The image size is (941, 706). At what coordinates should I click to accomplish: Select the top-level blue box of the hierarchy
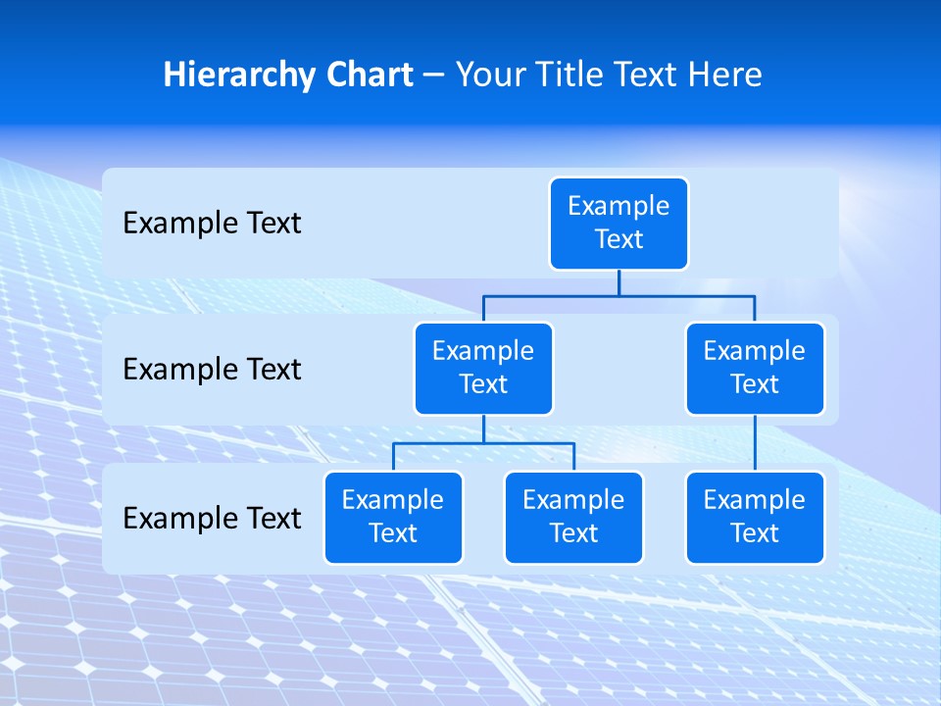click(619, 223)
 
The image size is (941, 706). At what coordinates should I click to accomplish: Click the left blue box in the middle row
click(483, 368)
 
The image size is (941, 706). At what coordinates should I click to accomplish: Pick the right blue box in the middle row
click(755, 368)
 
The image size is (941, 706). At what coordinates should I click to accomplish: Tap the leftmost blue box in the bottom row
click(393, 517)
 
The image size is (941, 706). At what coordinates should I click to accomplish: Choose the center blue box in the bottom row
click(573, 517)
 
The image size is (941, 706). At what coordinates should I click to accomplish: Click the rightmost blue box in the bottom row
click(755, 517)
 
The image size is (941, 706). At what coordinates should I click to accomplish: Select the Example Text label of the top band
click(212, 223)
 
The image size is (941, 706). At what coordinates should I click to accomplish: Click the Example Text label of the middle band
click(212, 369)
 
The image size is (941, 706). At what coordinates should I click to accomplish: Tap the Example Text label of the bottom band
click(212, 518)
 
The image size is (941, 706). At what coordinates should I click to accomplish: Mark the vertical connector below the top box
click(619, 282)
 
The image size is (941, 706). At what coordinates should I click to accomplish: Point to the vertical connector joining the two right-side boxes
click(755, 442)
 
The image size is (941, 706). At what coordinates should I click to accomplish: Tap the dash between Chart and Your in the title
click(433, 76)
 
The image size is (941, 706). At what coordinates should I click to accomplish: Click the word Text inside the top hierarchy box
click(619, 239)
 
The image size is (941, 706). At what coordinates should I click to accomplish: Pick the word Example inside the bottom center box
click(573, 500)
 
